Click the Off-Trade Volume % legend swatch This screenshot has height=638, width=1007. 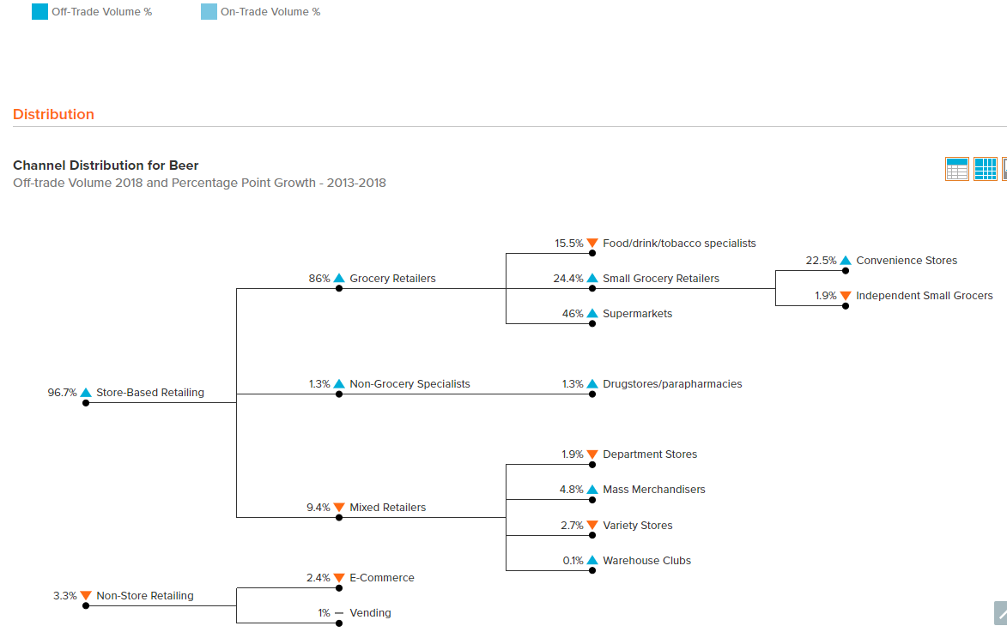pyautogui.click(x=39, y=11)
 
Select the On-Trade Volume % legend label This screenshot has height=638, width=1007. pyautogui.click(x=270, y=11)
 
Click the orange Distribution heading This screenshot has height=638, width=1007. pyautogui.click(x=53, y=114)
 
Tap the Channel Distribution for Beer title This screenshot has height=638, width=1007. pyautogui.click(x=106, y=166)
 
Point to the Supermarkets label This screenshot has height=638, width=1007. pyautogui.click(x=637, y=314)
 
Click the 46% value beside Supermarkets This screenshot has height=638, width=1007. pyautogui.click(x=573, y=314)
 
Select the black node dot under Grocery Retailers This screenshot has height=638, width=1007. pyautogui.click(x=339, y=288)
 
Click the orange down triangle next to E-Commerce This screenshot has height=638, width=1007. pyautogui.click(x=339, y=578)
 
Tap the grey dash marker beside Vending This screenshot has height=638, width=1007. pyautogui.click(x=339, y=613)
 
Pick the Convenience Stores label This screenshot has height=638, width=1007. pyautogui.click(x=907, y=261)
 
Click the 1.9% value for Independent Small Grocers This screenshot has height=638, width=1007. pyautogui.click(x=826, y=296)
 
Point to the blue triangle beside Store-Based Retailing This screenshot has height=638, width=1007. pyautogui.click(x=85, y=393)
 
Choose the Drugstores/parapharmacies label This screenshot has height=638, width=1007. pyautogui.click(x=672, y=384)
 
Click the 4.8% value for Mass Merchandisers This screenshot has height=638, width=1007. pyautogui.click(x=572, y=490)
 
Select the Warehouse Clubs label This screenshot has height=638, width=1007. pyautogui.click(x=646, y=561)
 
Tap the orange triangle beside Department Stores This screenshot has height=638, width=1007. pyautogui.click(x=592, y=454)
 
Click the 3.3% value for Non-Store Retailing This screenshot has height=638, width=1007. pyautogui.click(x=65, y=596)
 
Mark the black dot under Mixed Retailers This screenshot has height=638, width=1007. pyautogui.click(x=339, y=517)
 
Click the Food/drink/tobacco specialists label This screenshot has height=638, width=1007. pyautogui.click(x=679, y=243)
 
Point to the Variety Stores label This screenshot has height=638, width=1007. pyautogui.click(x=637, y=525)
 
